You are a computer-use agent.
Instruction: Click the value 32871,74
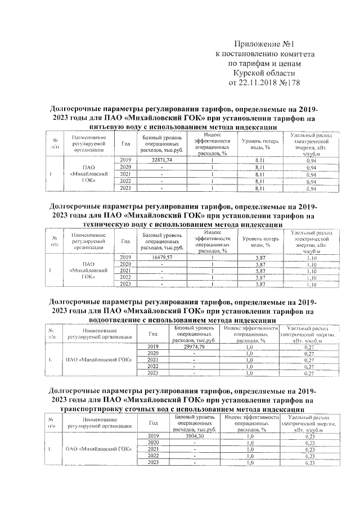[161, 161]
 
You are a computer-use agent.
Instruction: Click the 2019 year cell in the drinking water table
[125, 161]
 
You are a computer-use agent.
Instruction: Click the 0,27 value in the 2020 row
[308, 353]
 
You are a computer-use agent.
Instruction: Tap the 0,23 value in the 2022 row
[308, 456]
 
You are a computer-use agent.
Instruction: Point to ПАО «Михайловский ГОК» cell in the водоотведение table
[98, 360]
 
